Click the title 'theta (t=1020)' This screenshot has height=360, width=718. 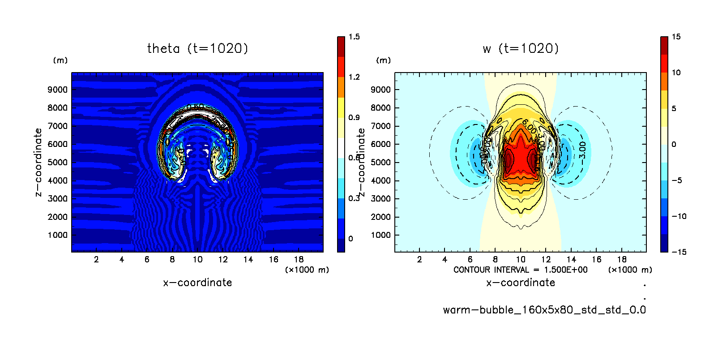tap(197, 48)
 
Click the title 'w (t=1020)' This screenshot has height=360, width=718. tap(521, 48)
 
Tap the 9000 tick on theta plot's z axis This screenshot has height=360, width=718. tap(58, 90)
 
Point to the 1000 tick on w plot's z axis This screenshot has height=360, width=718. tap(381, 235)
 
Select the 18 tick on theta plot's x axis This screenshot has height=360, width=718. tap(299, 259)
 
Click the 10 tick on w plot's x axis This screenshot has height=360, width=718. tap(521, 259)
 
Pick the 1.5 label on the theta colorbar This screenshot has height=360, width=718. tap(354, 37)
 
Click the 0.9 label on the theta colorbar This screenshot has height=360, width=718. tap(354, 117)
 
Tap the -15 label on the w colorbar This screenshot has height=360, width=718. tap(679, 252)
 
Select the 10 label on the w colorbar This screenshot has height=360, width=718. tap(676, 73)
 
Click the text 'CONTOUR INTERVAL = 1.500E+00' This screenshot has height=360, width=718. tap(520, 270)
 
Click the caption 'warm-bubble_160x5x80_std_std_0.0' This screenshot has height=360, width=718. tap(544, 310)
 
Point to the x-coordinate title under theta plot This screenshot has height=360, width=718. tap(197, 283)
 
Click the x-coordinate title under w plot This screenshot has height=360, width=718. tap(521, 283)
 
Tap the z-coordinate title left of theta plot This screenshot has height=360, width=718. tap(38, 162)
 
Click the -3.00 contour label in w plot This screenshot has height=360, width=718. tap(582, 150)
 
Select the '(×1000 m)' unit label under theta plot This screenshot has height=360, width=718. tap(307, 270)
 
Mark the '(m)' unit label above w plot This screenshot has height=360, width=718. tap(383, 60)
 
